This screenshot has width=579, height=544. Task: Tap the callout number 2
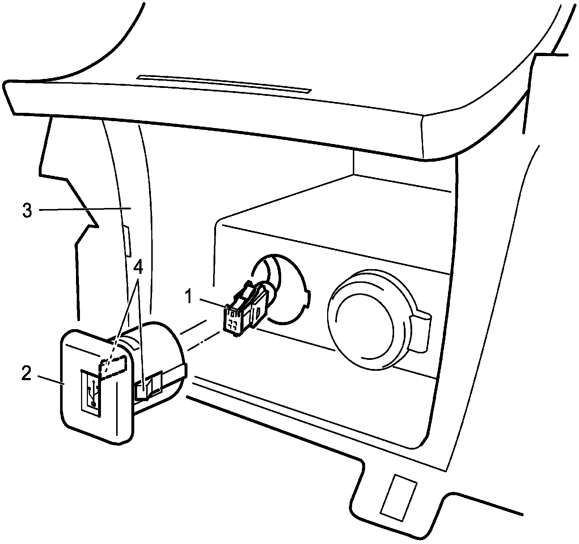click(26, 374)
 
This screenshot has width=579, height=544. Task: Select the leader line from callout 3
click(83, 209)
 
